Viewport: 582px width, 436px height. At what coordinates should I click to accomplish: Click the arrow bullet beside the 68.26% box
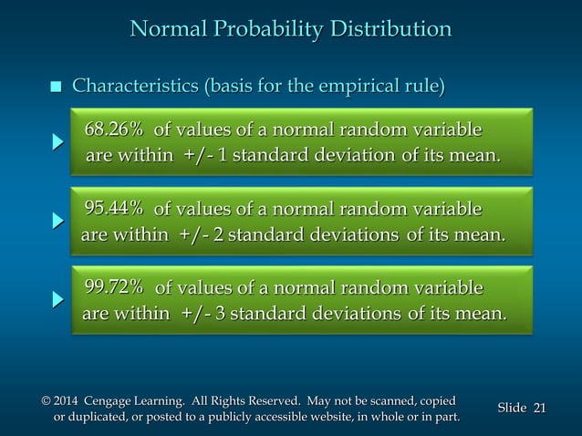(57, 142)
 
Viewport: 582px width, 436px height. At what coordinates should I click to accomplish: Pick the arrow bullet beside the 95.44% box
(57, 221)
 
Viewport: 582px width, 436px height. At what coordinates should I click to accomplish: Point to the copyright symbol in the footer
(47, 401)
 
